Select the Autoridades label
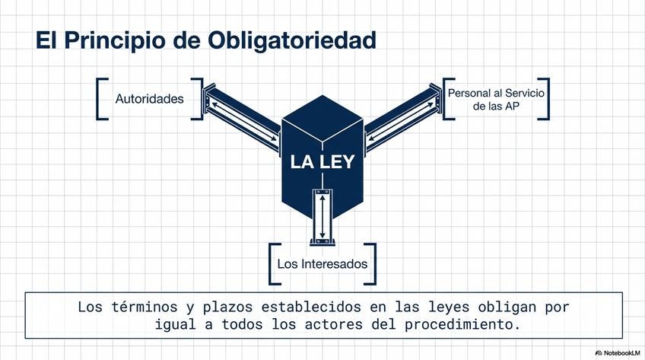point(149,99)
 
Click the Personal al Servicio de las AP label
point(496,99)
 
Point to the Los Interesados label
point(322,265)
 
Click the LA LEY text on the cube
point(322,162)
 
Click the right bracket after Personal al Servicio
point(545,98)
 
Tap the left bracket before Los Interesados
point(272,263)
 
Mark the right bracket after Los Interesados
point(372,263)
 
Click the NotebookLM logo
point(615,352)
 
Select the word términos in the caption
point(135,307)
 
